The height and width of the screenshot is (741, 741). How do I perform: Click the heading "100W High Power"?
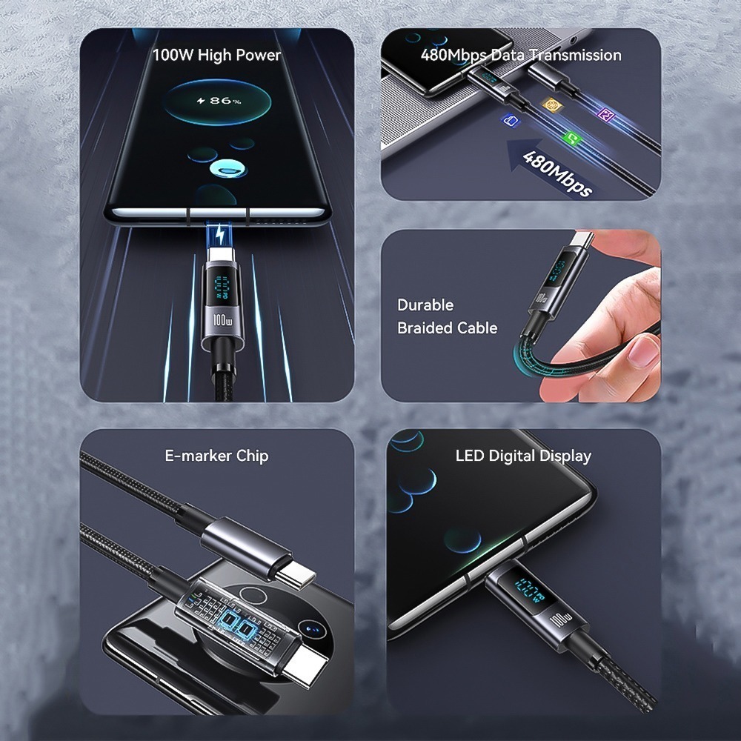[x=216, y=55]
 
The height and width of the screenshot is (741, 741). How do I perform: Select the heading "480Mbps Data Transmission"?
[x=520, y=55]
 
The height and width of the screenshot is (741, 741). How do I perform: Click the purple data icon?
[x=606, y=115]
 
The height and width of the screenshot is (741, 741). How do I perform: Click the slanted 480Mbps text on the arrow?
[x=557, y=173]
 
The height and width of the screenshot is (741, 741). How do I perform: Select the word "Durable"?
[x=425, y=305]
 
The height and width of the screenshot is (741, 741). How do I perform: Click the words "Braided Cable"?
[x=447, y=328]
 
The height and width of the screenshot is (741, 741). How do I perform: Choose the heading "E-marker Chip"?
[x=216, y=456]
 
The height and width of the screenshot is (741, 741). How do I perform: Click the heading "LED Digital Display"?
[x=523, y=456]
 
